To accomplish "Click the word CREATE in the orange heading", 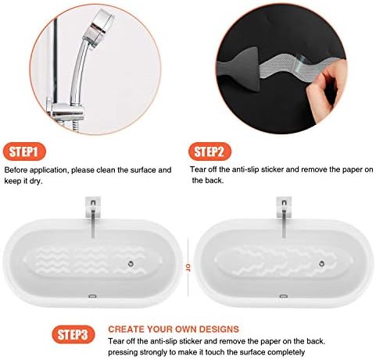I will pos(127,330).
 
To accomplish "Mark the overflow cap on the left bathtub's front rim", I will pos(93,297).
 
